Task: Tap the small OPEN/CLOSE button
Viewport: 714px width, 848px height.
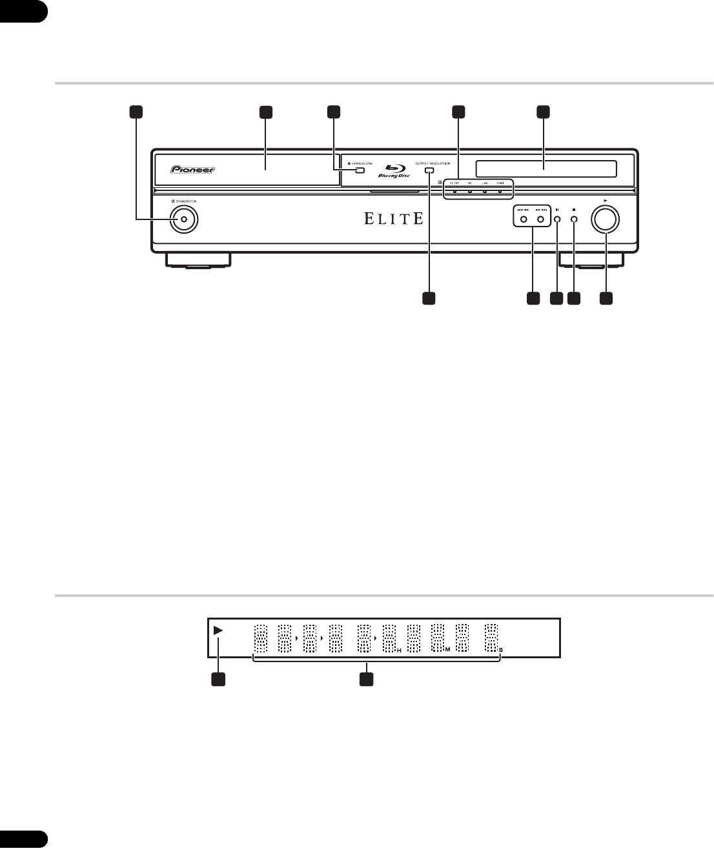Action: point(360,171)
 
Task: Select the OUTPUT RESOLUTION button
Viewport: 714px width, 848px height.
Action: point(429,171)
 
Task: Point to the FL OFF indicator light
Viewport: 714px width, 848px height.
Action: point(454,192)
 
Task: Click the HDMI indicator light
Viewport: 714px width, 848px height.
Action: point(500,192)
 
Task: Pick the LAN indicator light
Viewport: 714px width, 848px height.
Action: point(485,192)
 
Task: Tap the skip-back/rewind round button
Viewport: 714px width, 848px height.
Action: point(524,220)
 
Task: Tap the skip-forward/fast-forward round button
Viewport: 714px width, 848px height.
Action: point(540,220)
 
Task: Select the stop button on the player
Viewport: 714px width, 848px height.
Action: point(574,220)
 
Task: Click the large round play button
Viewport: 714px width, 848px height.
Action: point(606,219)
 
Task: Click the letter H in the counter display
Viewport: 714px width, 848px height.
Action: point(399,651)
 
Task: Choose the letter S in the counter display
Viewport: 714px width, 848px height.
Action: point(500,651)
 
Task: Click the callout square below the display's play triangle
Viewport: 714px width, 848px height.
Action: point(218,679)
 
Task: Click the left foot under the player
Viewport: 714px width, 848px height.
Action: point(198,259)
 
